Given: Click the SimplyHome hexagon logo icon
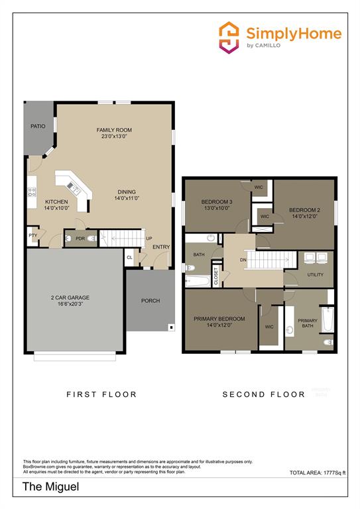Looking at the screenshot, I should pyautogui.click(x=229, y=36).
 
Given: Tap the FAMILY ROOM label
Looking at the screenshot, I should pyautogui.click(x=114, y=130).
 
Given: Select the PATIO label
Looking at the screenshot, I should pyautogui.click(x=38, y=126).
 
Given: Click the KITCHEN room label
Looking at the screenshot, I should pyautogui.click(x=56, y=201).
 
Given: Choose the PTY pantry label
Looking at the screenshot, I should pyautogui.click(x=32, y=235).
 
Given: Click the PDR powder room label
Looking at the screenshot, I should pyautogui.click(x=80, y=239).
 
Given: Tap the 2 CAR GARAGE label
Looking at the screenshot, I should pyautogui.click(x=70, y=298).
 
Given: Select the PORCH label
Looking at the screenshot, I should pyautogui.click(x=150, y=300).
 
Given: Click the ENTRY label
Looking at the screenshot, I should pyautogui.click(x=160, y=247).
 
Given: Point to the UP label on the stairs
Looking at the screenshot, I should pyautogui.click(x=149, y=239).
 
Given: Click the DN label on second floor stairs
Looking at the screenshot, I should pyautogui.click(x=243, y=260).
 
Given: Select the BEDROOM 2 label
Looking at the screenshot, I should pyautogui.click(x=304, y=209).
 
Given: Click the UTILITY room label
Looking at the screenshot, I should pyautogui.click(x=315, y=274).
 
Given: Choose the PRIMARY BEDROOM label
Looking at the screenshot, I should pyautogui.click(x=219, y=319).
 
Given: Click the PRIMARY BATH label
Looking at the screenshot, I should pyautogui.click(x=307, y=322).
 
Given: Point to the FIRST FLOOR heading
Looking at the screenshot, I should pyautogui.click(x=101, y=394).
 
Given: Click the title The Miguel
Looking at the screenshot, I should pyautogui.click(x=50, y=487).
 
